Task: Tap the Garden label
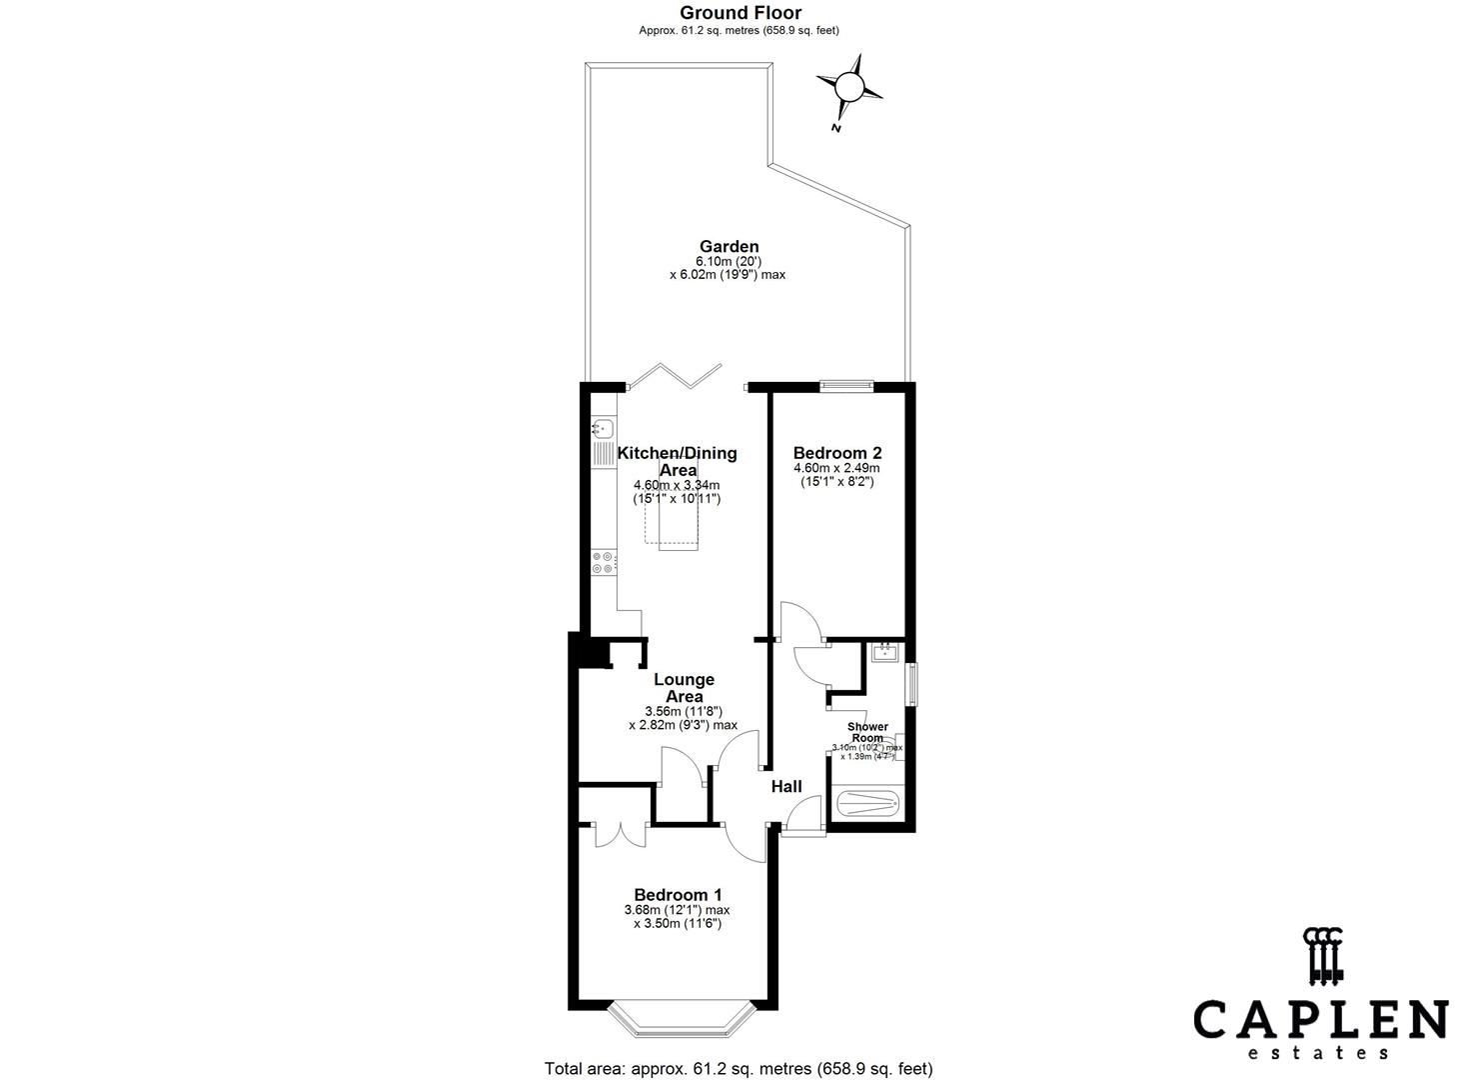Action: pyautogui.click(x=729, y=246)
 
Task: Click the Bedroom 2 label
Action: pyautogui.click(x=836, y=452)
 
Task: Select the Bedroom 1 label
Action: pyautogui.click(x=678, y=894)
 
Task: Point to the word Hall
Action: pyautogui.click(x=786, y=787)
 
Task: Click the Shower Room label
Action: pyautogui.click(x=866, y=732)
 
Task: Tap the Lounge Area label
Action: pyautogui.click(x=684, y=688)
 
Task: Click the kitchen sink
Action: pyautogui.click(x=603, y=430)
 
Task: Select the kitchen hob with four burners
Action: pyautogui.click(x=603, y=563)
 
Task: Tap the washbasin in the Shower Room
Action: pyautogui.click(x=883, y=653)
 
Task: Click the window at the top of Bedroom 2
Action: pyautogui.click(x=845, y=383)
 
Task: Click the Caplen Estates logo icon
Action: pyautogui.click(x=1322, y=956)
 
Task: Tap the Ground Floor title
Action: pyautogui.click(x=740, y=13)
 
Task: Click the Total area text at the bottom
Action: pyautogui.click(x=739, y=1068)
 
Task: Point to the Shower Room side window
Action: pyautogui.click(x=911, y=685)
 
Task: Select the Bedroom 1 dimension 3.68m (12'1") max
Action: pyautogui.click(x=677, y=910)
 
